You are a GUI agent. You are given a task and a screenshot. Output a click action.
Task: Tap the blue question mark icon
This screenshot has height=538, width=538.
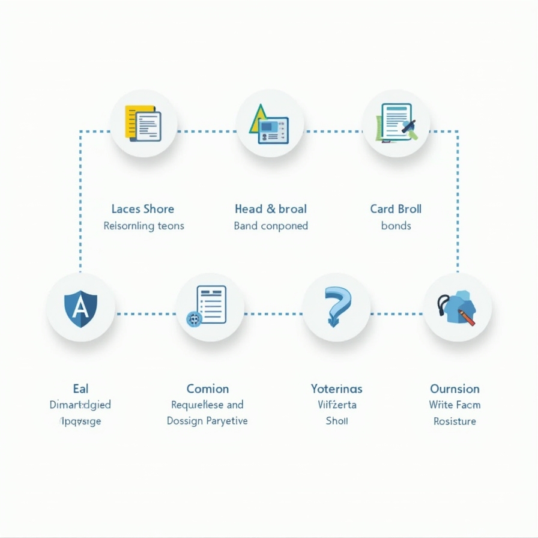pyautogui.click(x=336, y=306)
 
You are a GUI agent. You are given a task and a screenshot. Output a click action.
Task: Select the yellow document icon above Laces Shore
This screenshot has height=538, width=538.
pyautogui.click(x=143, y=123)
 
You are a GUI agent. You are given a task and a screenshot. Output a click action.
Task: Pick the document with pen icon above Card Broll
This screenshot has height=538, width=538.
pyautogui.click(x=396, y=122)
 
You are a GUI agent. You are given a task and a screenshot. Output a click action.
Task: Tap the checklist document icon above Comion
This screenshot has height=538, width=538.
pyautogui.click(x=210, y=306)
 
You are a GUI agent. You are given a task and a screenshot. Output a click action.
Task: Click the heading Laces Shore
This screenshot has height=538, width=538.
pyautogui.click(x=143, y=209)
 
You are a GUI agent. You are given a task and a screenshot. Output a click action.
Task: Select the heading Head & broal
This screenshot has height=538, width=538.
pyautogui.click(x=270, y=209)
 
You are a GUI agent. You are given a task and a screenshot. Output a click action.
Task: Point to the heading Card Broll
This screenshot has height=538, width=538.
pyautogui.click(x=396, y=209)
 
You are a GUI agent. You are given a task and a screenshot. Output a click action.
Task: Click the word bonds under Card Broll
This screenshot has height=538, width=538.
pyautogui.click(x=396, y=226)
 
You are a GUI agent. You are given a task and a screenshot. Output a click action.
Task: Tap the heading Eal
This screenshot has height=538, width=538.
pyautogui.click(x=80, y=388)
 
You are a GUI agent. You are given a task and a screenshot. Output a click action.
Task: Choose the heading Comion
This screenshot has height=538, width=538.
pyautogui.click(x=207, y=388)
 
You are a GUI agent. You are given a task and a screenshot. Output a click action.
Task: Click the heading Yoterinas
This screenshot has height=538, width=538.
pyautogui.click(x=336, y=388)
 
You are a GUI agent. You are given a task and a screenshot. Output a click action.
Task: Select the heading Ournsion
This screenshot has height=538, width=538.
pyautogui.click(x=455, y=388)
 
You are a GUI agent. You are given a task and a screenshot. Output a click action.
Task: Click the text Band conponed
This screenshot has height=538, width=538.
pyautogui.click(x=270, y=226)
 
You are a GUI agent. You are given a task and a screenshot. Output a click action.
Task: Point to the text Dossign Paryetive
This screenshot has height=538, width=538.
pyautogui.click(x=207, y=421)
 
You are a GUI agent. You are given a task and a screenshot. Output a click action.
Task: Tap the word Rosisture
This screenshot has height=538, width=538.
pyautogui.click(x=455, y=421)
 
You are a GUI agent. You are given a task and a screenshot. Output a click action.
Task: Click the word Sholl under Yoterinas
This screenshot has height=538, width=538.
pyautogui.click(x=336, y=421)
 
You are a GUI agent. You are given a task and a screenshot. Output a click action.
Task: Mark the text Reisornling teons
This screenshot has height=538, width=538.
pyautogui.click(x=144, y=226)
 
